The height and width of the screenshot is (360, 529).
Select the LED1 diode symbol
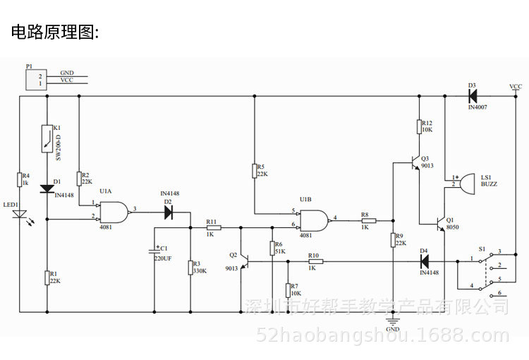coord(20,212)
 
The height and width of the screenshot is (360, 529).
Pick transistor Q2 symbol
coord(243,262)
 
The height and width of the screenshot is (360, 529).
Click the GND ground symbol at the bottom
coord(393,321)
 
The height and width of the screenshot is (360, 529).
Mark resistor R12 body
coord(418,127)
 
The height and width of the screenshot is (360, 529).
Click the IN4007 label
coord(478,107)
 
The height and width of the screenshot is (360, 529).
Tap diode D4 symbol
coord(425,261)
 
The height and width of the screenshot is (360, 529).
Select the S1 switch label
coord(482,248)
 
